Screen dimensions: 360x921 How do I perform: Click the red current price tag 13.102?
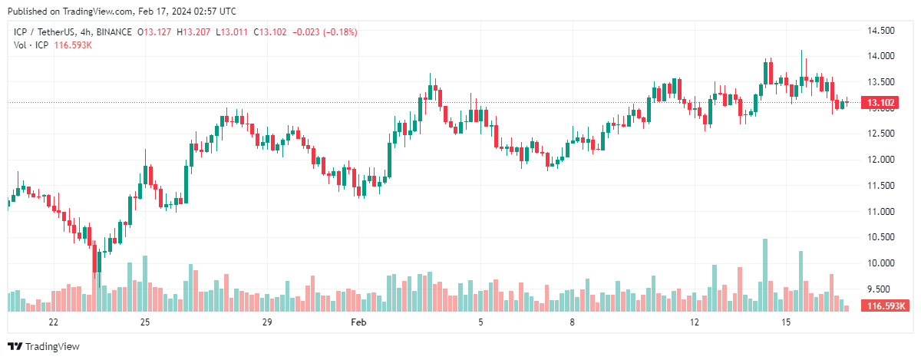click(876, 103)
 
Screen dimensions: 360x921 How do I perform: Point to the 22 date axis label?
click(53, 322)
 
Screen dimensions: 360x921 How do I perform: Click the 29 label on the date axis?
click(267, 322)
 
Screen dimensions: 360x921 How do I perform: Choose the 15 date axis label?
click(787, 322)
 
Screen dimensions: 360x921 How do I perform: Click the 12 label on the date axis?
click(695, 322)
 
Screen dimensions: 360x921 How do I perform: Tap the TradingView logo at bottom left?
click(44, 347)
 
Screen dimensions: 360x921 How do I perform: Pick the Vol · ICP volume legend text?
click(31, 45)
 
